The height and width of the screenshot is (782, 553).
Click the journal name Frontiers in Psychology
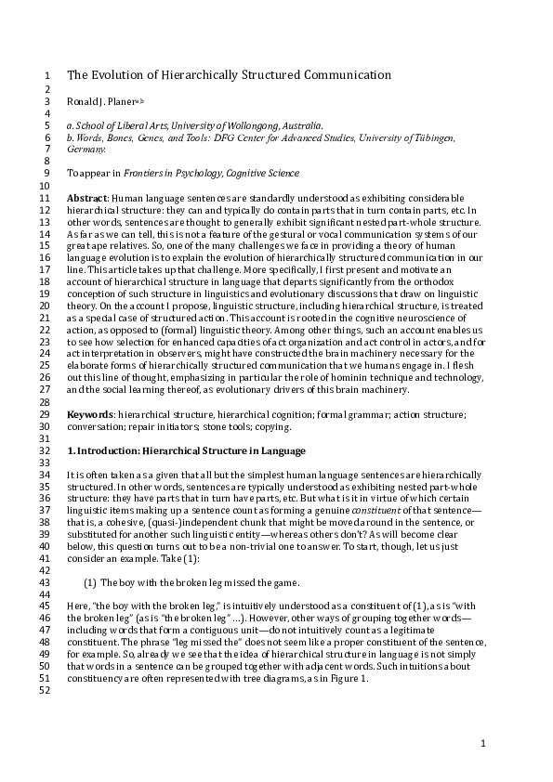tap(164, 173)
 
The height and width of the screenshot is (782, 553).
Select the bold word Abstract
tap(87, 199)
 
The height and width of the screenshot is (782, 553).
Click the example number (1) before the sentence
tap(90, 582)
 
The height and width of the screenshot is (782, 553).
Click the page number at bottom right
tap(483, 744)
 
